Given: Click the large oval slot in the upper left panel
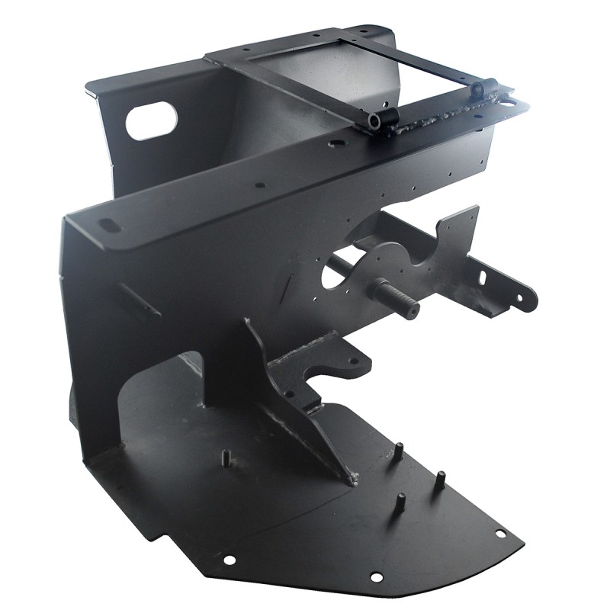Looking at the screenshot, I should tap(151, 121).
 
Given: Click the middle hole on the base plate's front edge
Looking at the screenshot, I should tap(375, 577).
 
